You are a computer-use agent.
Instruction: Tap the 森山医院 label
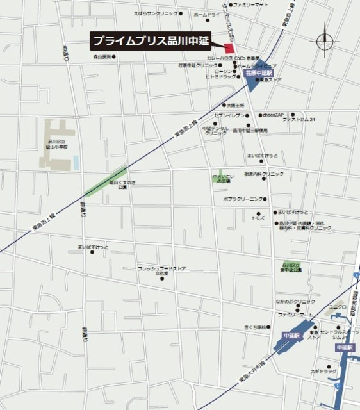[102, 57]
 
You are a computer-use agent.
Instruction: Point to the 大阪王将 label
[236, 104]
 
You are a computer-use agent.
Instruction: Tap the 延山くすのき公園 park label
[122, 184]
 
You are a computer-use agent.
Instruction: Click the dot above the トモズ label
[259, 214]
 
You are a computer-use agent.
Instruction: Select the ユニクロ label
[338, 307]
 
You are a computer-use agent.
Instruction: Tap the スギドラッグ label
[323, 372]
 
